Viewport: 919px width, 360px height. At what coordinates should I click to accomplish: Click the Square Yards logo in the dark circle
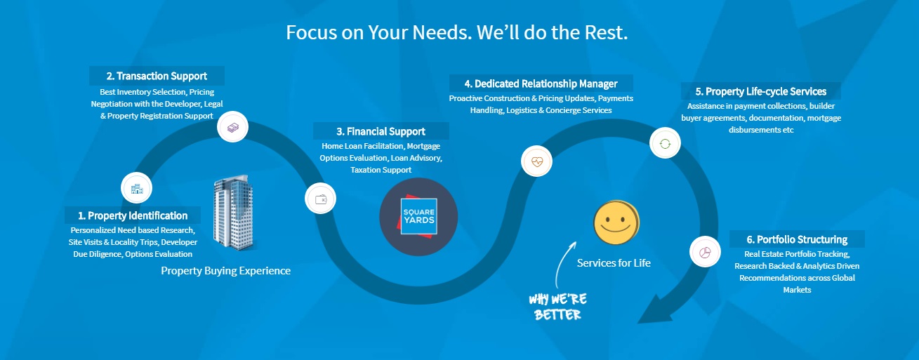(418, 217)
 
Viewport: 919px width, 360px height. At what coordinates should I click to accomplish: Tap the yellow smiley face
(616, 222)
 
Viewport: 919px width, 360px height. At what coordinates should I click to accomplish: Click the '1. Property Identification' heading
(133, 215)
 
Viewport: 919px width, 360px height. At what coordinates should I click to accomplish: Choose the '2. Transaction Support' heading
(157, 76)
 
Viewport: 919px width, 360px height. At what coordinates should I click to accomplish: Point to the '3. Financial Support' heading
(381, 132)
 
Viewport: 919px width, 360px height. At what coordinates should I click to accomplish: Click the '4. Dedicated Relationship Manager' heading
(541, 84)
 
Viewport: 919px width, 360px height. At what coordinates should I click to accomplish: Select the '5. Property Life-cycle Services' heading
(760, 91)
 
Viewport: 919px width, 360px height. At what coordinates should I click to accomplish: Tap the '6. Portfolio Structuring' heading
(797, 239)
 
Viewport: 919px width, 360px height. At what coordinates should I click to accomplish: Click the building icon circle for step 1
(137, 188)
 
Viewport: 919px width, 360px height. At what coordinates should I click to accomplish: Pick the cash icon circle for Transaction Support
(232, 127)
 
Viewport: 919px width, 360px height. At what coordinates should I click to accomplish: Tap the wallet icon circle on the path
(320, 199)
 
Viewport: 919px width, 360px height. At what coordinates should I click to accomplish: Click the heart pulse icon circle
(536, 161)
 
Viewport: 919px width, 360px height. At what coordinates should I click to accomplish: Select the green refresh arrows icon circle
(665, 143)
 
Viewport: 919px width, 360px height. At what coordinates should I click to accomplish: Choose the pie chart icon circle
(706, 252)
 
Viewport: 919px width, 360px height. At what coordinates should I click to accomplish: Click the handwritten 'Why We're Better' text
(558, 307)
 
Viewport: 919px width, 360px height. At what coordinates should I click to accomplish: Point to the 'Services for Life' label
(614, 263)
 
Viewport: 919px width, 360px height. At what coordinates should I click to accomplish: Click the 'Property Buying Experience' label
(225, 271)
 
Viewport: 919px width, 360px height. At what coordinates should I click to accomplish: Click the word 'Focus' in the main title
(312, 32)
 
